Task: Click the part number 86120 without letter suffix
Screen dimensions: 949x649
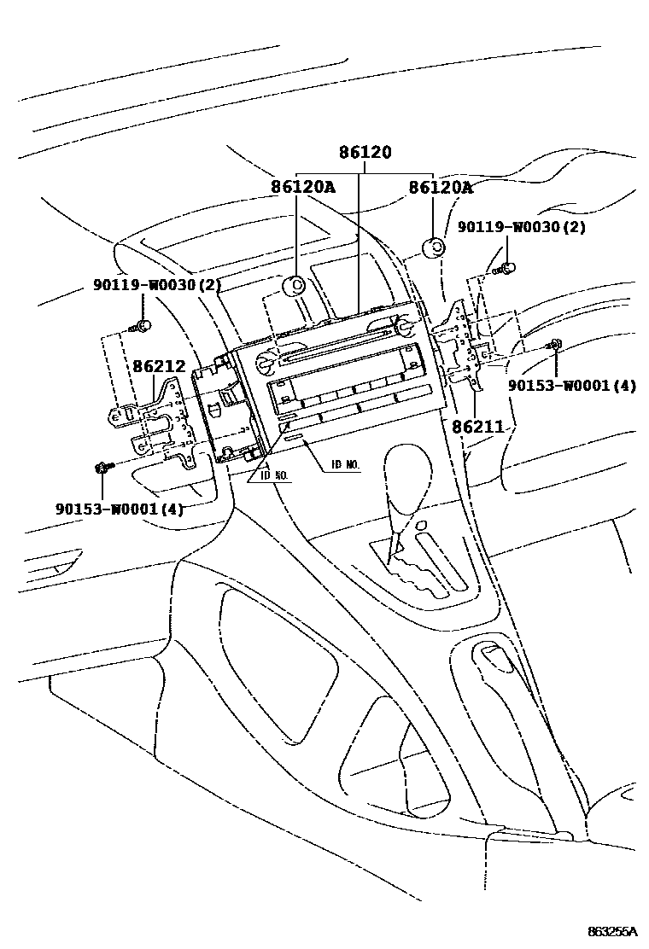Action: (x=365, y=154)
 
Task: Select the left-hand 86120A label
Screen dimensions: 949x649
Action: (x=303, y=187)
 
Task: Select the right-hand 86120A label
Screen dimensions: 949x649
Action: (x=440, y=187)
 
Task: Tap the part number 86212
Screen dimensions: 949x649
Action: (x=159, y=367)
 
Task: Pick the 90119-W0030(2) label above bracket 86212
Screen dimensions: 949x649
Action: (x=157, y=285)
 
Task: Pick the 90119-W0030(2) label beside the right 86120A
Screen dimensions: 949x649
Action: (x=522, y=227)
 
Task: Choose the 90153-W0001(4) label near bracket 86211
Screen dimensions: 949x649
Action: (x=573, y=385)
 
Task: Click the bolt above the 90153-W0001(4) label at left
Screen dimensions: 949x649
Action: (x=102, y=467)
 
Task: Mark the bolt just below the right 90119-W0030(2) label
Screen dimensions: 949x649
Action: (x=506, y=267)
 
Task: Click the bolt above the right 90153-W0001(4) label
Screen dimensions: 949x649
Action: (x=554, y=344)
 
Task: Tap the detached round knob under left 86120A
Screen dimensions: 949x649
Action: (x=295, y=285)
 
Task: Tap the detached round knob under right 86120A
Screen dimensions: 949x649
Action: (x=435, y=248)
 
